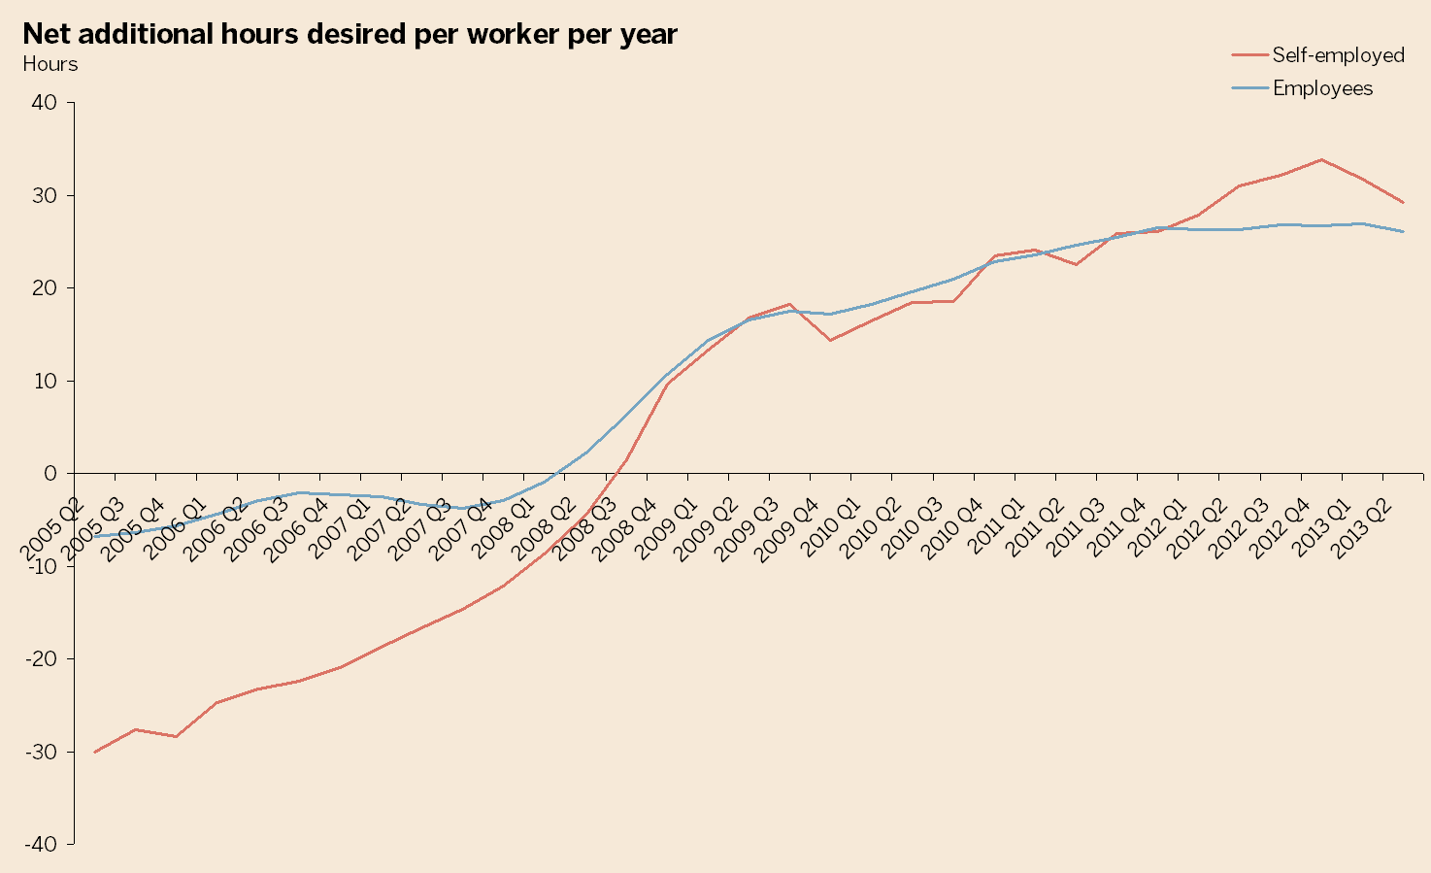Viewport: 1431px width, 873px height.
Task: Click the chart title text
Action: click(349, 34)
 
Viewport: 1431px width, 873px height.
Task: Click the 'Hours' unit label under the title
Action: click(50, 65)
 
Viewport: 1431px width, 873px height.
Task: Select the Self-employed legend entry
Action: click(1338, 55)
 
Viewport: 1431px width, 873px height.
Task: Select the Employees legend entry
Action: click(1322, 88)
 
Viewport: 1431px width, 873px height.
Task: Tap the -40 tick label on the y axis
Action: click(42, 845)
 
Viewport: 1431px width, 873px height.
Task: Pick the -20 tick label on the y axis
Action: click(42, 659)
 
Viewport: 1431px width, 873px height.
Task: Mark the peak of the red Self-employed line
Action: click(1321, 159)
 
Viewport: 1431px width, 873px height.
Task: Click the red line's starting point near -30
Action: click(95, 752)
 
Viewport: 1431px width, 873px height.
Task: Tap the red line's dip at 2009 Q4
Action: click(830, 340)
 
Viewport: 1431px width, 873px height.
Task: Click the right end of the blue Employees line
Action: click(1403, 231)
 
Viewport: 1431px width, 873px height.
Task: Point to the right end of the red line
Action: click(1403, 202)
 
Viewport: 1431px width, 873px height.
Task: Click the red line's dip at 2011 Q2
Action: click(1076, 264)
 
